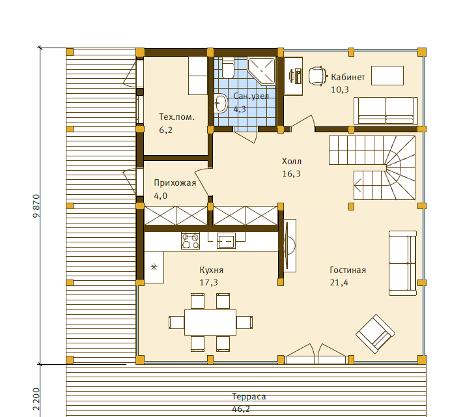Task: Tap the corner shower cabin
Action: [x=261, y=71]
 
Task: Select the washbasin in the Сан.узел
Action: [x=220, y=103]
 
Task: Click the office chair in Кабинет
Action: [x=318, y=76]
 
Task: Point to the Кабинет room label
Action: [x=348, y=77]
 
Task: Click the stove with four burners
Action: [x=190, y=240]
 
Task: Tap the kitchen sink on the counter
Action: [x=226, y=240]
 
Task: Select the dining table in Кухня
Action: [x=210, y=323]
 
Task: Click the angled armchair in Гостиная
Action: [x=375, y=334]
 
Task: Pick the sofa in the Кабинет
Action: [x=386, y=111]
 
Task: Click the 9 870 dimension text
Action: [x=36, y=206]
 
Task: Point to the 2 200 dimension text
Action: [x=36, y=399]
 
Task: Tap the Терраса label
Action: [x=249, y=396]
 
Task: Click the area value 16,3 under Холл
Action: [x=292, y=174]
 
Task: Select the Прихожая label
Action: [x=175, y=183]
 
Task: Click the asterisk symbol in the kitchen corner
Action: [x=154, y=267]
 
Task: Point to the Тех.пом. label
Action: [x=177, y=117]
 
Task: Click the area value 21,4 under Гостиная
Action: [x=339, y=283]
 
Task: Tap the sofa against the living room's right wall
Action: [x=402, y=263]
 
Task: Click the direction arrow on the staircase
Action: [x=358, y=186]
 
